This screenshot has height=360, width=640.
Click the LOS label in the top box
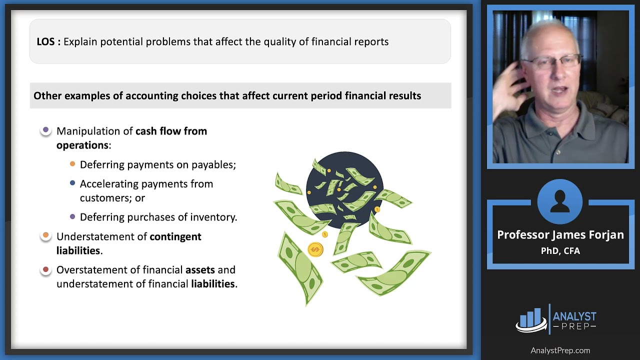[x=48, y=41]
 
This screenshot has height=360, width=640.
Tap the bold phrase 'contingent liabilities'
[x=175, y=236]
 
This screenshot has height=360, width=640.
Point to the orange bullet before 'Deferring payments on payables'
[x=72, y=164]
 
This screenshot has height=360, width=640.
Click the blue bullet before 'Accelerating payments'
[x=72, y=183]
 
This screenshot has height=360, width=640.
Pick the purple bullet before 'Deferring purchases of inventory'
[x=72, y=216]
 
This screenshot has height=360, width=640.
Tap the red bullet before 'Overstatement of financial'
[x=46, y=269]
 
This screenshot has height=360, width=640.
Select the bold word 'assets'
[x=200, y=270]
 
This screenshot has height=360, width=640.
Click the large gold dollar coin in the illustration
[x=315, y=248]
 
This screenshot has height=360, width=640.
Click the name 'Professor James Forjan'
[x=560, y=235]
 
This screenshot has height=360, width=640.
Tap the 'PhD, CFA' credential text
[x=560, y=250]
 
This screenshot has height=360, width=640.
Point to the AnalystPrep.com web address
[x=560, y=350]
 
